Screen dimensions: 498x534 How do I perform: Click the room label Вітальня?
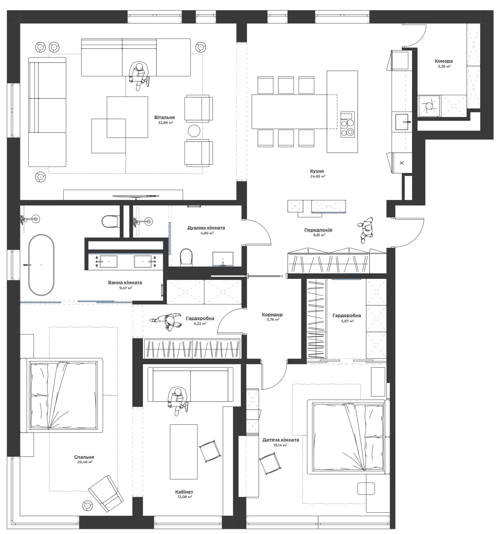165,117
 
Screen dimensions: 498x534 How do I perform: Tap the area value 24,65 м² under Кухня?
317,176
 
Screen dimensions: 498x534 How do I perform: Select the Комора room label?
444,61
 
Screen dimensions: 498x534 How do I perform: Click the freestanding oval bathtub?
41,265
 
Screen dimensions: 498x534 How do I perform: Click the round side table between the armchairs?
194,131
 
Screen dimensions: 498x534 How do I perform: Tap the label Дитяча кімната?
281,440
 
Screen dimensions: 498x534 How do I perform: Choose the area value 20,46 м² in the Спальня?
85,462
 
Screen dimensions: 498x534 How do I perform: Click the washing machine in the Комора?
429,106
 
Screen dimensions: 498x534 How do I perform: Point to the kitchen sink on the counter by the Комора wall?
403,122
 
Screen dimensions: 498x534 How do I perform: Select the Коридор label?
272,314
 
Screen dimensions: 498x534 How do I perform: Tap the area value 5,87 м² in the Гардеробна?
347,321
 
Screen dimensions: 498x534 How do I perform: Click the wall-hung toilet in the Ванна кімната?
110,221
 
